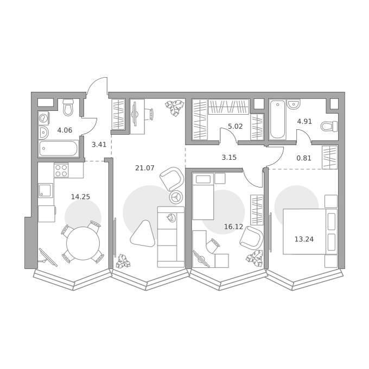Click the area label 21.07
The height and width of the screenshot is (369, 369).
tap(145, 168)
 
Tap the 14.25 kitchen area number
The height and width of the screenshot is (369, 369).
tap(80, 197)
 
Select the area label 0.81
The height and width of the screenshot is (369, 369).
tap(304, 158)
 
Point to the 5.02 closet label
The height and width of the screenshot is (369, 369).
tap(235, 127)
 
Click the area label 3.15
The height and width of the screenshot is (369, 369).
tap(229, 158)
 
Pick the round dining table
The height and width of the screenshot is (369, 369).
tap(83, 243)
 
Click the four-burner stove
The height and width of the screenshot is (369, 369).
tap(61, 170)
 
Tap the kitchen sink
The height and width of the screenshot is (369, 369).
tap(46, 190)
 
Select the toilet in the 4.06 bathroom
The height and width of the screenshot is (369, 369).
tap(68, 108)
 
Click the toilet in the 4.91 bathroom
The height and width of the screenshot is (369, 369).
tap(329, 126)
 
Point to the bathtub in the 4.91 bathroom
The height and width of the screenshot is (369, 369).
tap(278, 119)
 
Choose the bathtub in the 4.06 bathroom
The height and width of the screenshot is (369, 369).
tap(59, 148)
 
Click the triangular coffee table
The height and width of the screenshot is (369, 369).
tap(143, 234)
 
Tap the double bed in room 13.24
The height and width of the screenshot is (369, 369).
tap(310, 232)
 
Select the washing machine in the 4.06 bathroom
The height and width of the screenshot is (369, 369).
tap(44, 118)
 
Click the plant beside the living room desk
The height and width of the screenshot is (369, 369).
tap(174, 108)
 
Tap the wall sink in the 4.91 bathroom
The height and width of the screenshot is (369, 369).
tap(293, 104)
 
